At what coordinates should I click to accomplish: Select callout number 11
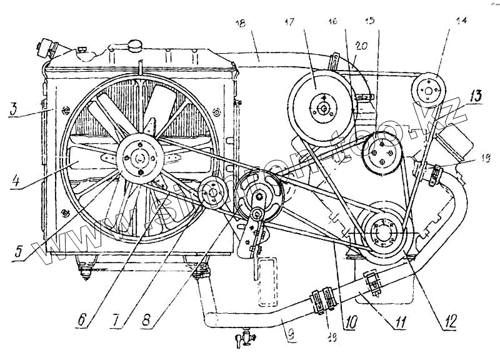[x=398, y=322]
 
